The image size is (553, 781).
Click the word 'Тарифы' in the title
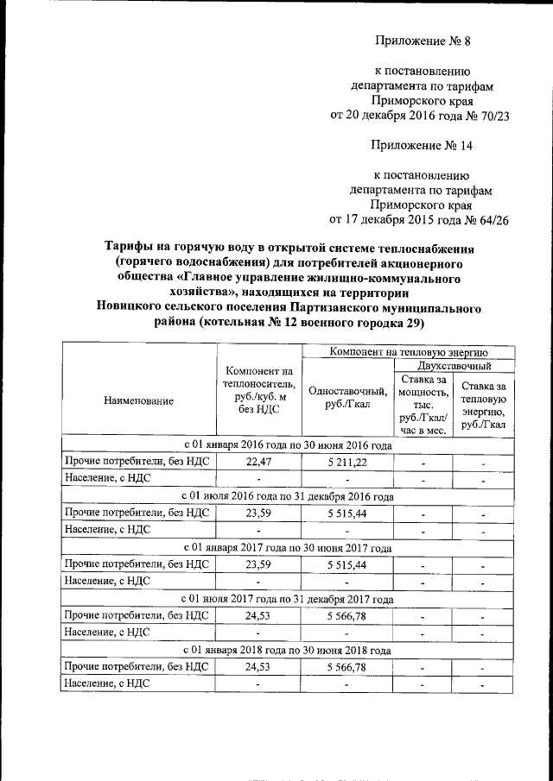130,248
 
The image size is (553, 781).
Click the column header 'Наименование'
138,400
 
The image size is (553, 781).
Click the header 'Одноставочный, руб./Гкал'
346,399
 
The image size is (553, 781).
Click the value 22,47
258,462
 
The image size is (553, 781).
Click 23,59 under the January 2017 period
258,564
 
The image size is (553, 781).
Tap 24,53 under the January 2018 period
258,667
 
